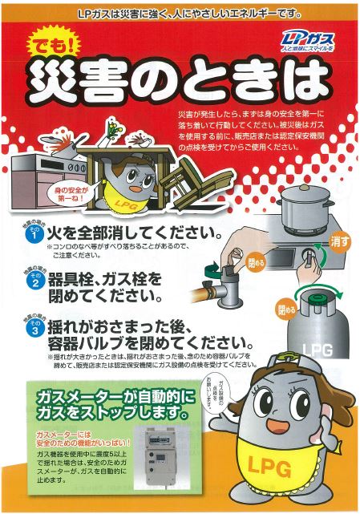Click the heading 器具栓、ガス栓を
116,279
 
